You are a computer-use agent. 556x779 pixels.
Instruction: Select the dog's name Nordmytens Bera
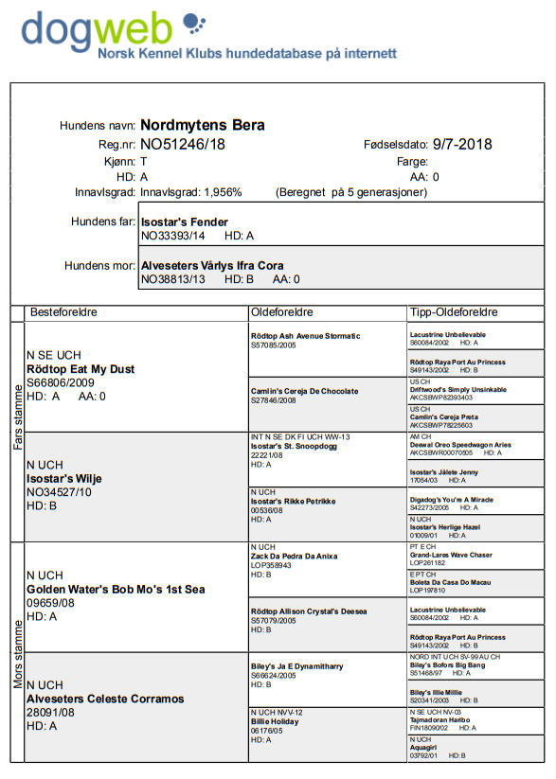(202, 125)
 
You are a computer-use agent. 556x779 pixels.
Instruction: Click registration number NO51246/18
(183, 145)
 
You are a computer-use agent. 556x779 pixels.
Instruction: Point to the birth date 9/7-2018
(462, 145)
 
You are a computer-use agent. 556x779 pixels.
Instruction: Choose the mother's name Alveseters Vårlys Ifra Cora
(212, 266)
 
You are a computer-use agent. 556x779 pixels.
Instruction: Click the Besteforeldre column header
(64, 311)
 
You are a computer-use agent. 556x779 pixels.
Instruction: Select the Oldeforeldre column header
(282, 311)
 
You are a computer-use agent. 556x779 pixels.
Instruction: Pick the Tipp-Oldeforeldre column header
(454, 311)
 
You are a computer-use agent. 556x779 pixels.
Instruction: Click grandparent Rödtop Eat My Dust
(81, 368)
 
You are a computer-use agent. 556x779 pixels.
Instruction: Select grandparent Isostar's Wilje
(64, 479)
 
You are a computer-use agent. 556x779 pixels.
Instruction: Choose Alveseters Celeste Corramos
(105, 699)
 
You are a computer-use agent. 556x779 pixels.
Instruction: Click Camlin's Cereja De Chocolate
(304, 391)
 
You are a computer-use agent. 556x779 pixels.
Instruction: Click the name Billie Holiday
(276, 720)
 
